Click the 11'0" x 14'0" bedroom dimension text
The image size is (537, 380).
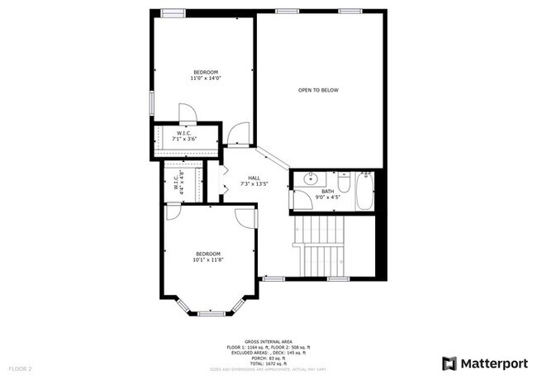coord(207,78)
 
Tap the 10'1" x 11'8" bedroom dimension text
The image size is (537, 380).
coord(208,259)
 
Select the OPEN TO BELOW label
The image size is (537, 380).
coord(319,90)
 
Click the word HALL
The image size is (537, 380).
coord(254,178)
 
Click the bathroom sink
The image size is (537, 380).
coord(311,178)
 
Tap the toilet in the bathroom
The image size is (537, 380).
coord(345,180)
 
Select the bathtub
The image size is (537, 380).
coord(365,191)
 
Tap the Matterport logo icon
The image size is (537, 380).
coord(449,363)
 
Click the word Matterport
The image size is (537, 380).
coord(494,363)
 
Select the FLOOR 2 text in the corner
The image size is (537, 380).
coord(20,368)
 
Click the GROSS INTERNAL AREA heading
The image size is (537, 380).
coord(268,340)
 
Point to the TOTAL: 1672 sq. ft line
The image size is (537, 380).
coord(268,363)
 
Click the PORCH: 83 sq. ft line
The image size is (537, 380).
coord(268,358)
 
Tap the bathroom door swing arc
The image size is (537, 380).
coord(303,199)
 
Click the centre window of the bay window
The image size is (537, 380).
coord(211,313)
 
